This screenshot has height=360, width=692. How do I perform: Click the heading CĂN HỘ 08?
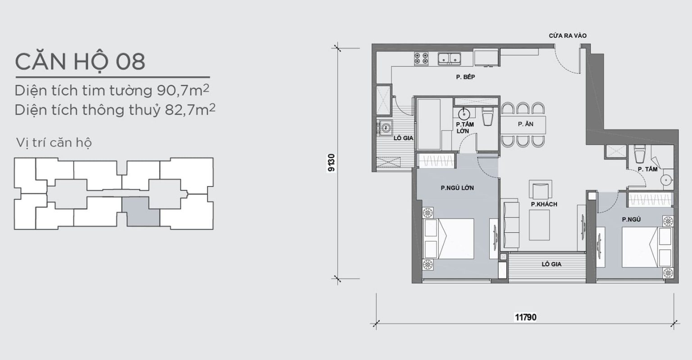(80, 62)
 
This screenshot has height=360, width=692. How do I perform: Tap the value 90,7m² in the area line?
(183, 90)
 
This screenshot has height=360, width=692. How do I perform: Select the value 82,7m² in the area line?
(190, 109)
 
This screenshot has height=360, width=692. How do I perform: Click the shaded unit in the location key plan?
(141, 212)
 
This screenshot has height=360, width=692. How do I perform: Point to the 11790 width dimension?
(525, 317)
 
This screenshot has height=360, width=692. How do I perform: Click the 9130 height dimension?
(331, 163)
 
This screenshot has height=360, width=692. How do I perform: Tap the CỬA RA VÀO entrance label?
(568, 36)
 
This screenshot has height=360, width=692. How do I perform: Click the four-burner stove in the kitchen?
(421, 59)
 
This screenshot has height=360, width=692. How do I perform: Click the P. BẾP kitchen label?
(465, 77)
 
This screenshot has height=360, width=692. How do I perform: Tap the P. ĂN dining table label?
(526, 124)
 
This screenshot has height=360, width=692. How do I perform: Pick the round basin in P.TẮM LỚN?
(464, 114)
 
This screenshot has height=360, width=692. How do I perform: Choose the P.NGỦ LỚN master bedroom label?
(457, 187)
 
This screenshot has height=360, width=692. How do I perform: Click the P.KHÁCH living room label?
(544, 204)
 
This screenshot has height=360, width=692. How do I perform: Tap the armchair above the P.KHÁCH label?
(540, 189)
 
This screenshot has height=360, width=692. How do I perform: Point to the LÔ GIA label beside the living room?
(551, 264)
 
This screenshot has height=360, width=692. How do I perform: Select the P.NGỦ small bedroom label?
(631, 219)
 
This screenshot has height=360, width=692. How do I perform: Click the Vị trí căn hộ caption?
(54, 143)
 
